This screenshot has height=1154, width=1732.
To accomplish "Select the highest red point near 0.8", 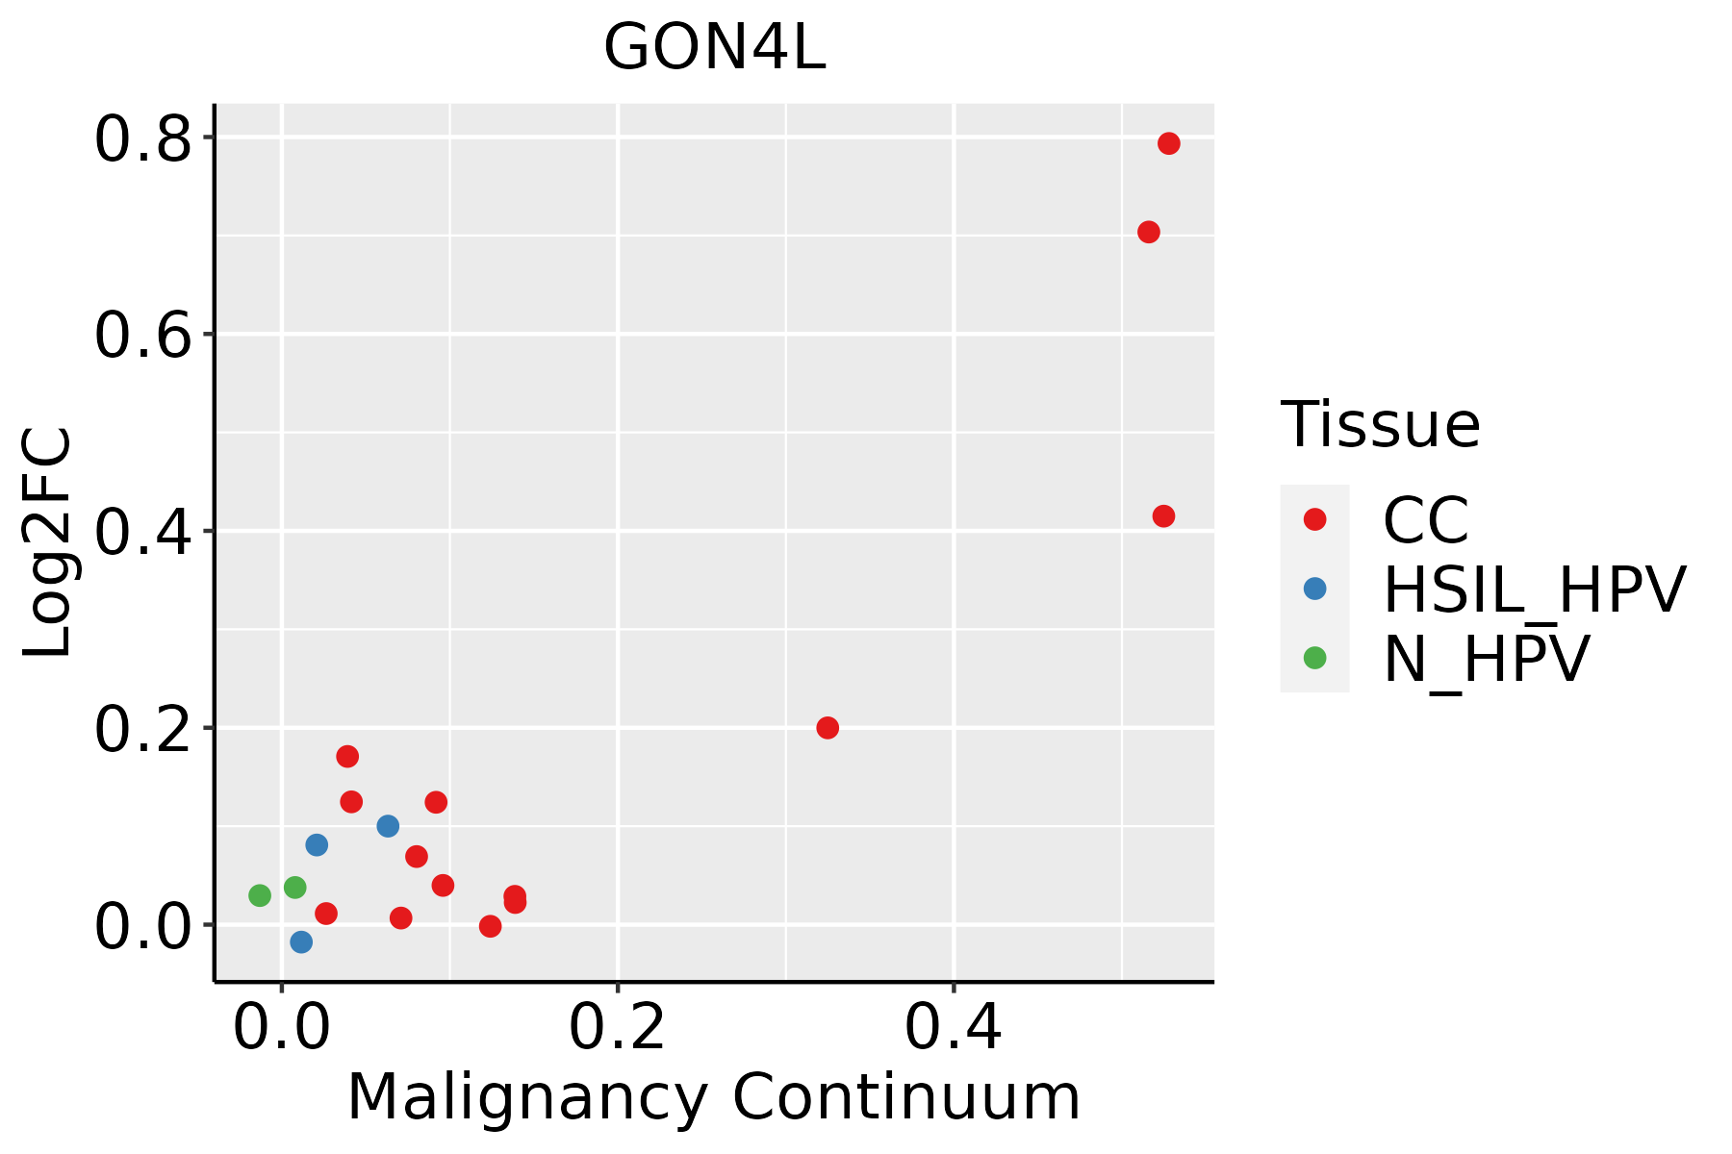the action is [1169, 143].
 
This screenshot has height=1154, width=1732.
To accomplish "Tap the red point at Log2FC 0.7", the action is [1148, 232].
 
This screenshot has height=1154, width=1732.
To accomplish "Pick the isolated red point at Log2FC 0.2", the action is [828, 728].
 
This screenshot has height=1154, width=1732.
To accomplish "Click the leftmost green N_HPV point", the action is [260, 895].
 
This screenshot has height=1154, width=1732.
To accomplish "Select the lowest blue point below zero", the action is [301, 941].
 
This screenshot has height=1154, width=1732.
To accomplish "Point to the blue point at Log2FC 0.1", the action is [388, 826].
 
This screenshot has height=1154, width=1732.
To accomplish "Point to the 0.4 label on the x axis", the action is [953, 1028].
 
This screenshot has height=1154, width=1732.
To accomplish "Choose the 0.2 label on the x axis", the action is [618, 1028].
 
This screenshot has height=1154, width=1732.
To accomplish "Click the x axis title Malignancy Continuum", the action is [714, 1097].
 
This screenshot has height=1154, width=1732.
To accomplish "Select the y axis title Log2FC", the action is [48, 542].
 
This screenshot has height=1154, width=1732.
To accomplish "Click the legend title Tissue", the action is [1380, 424].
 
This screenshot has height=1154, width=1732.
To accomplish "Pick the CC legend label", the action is [1426, 520].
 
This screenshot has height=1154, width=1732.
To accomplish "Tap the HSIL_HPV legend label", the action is [1535, 590].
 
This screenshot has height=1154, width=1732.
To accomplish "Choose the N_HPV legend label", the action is [1487, 659].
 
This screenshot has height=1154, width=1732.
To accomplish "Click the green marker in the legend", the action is [1314, 658].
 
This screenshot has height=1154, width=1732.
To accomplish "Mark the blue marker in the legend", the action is [1314, 589].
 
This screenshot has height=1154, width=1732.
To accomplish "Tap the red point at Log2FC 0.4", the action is [1163, 516].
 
